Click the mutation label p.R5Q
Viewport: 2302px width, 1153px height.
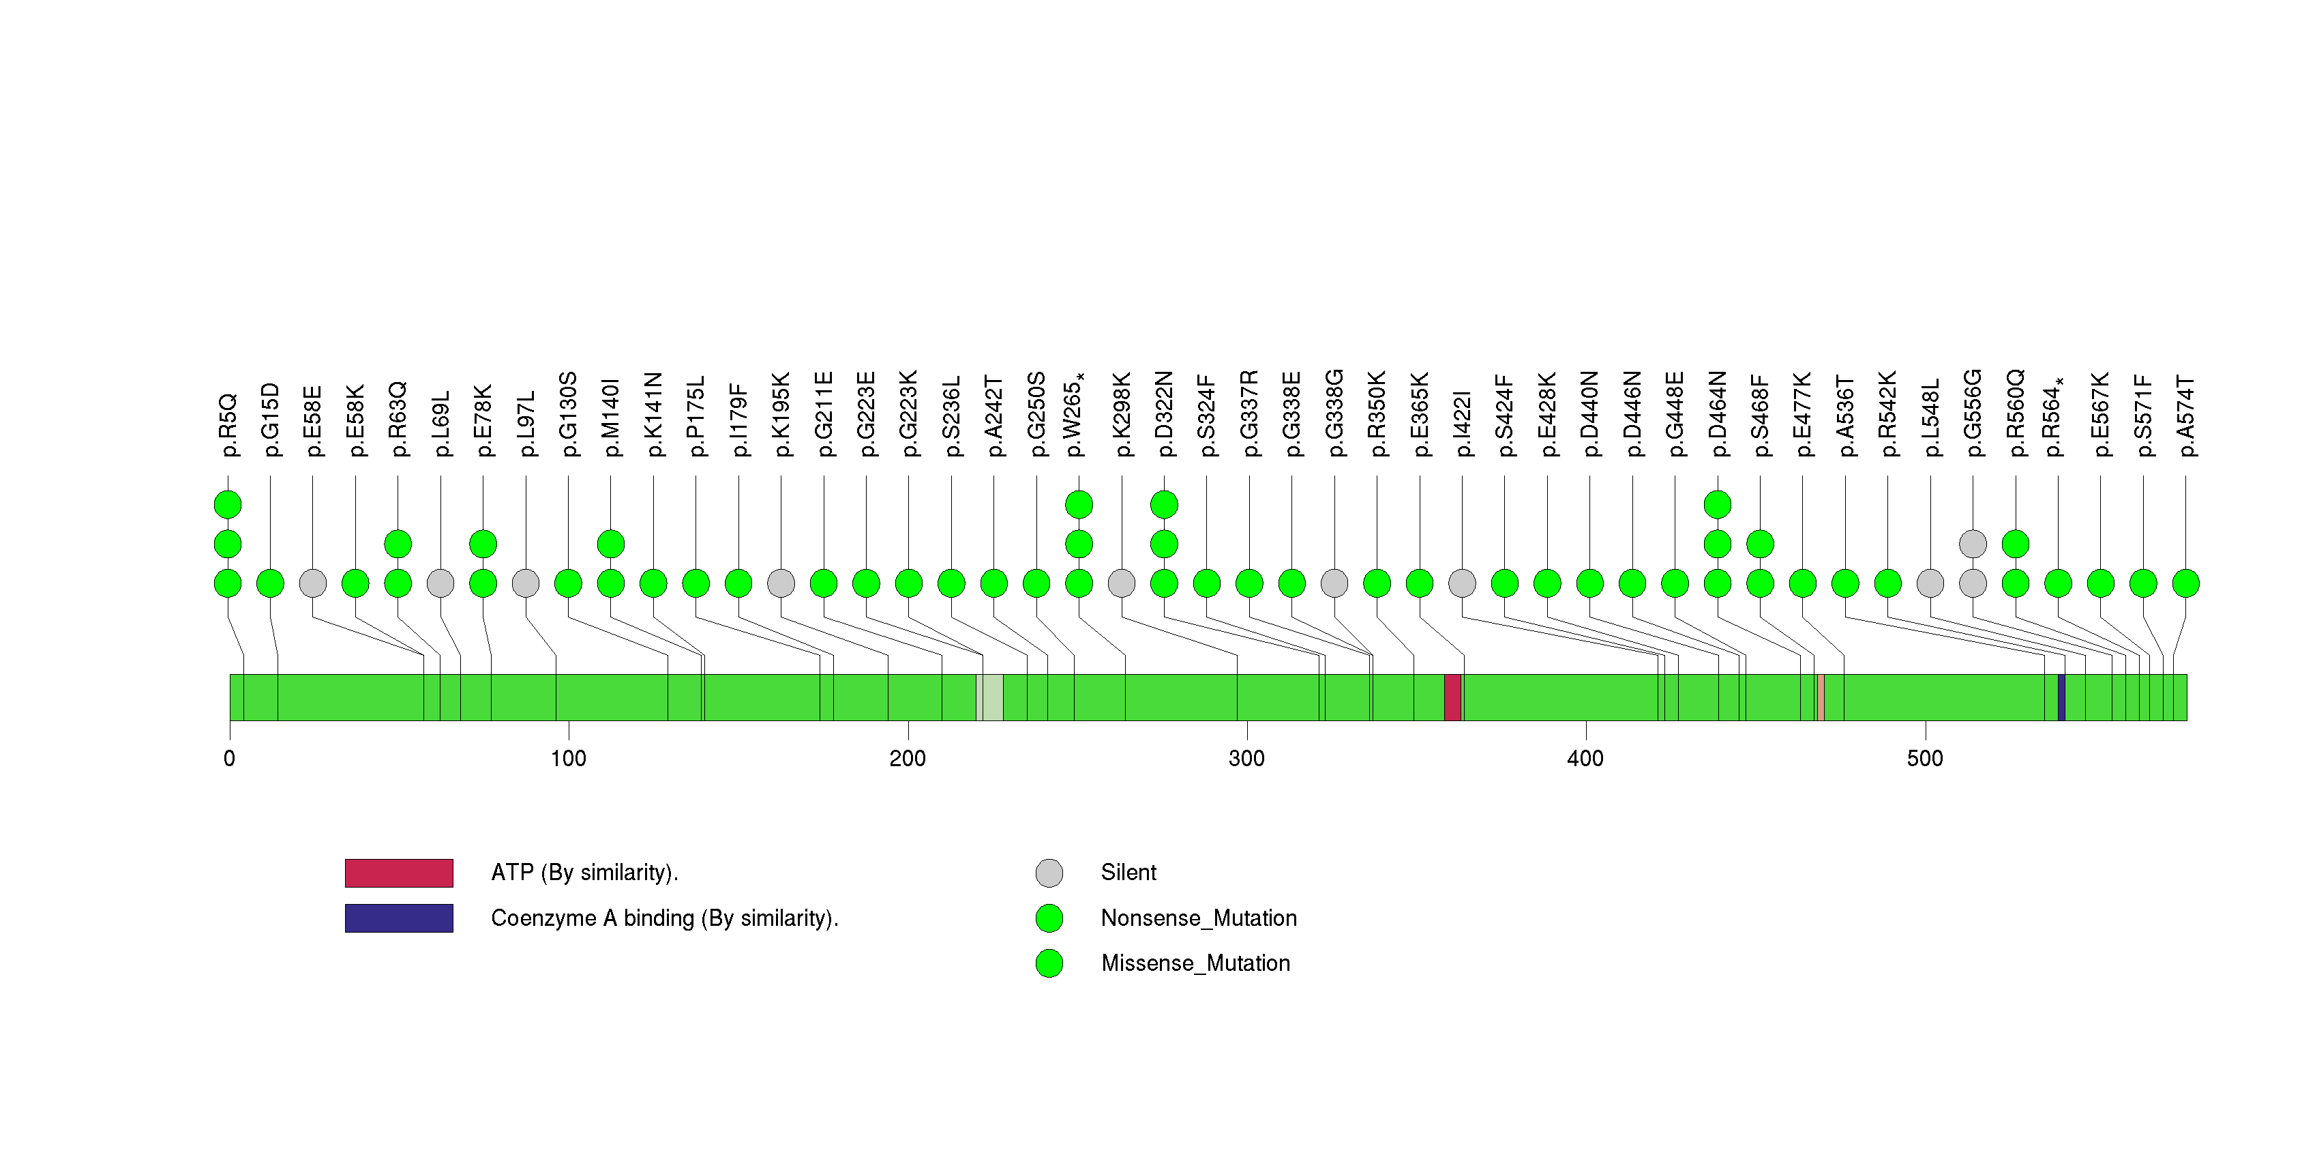point(229,424)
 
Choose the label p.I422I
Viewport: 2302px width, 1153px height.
point(1463,423)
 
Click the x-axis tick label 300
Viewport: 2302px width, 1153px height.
point(1246,759)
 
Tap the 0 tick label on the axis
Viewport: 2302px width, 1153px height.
point(230,759)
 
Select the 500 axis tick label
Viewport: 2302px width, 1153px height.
point(1924,759)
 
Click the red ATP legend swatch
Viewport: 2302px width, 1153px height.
point(399,873)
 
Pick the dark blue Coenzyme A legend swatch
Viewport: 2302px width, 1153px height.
point(399,918)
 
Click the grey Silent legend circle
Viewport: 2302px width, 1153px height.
point(1049,873)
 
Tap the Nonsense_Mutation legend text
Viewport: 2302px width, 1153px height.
point(1198,918)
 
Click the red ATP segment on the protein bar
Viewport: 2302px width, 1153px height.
point(1452,697)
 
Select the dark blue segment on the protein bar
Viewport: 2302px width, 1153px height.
point(2061,697)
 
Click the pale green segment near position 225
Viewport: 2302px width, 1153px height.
point(989,697)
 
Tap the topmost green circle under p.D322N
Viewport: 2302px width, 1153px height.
point(1163,504)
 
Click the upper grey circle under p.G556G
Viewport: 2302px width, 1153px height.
point(1972,544)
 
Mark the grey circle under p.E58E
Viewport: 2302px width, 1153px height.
point(313,583)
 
